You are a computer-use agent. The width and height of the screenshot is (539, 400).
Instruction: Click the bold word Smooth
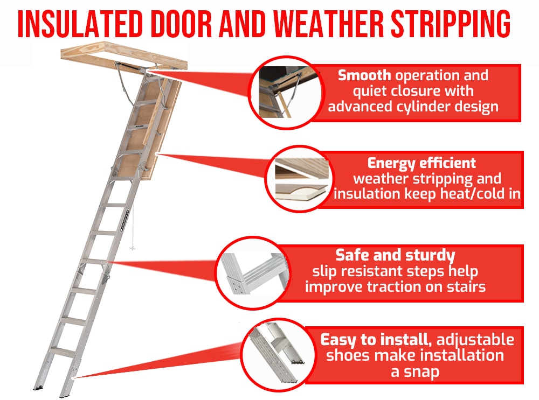364,75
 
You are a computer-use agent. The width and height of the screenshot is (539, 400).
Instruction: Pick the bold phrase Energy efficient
421,163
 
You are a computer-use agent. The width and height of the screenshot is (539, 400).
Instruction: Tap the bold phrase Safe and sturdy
395,255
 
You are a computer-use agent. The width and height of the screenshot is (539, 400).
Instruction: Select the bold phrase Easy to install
377,340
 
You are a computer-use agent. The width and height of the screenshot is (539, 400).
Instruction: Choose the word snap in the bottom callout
420,371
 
